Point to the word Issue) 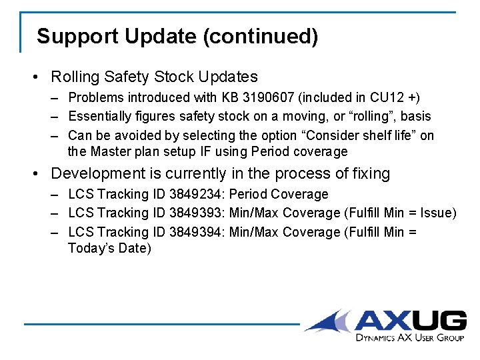436,213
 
